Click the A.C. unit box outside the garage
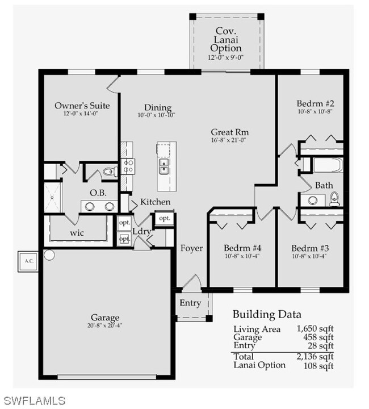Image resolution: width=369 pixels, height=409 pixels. click(x=28, y=261)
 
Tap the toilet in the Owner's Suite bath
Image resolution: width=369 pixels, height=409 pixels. click(x=109, y=172)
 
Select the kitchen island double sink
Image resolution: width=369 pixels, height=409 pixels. click(x=163, y=166)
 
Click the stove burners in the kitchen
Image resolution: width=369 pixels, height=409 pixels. click(x=128, y=166)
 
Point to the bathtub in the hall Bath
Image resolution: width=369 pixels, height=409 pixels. click(x=328, y=165)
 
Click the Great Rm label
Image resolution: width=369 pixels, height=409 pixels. click(x=229, y=132)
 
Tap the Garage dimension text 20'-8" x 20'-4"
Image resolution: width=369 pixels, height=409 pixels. click(x=105, y=325)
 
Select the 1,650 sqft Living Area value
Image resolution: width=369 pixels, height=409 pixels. click(x=315, y=328)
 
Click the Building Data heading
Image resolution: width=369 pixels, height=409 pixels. click(x=267, y=314)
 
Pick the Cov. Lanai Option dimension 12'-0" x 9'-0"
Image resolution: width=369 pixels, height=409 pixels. click(x=226, y=57)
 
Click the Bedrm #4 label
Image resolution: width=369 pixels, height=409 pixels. click(x=242, y=248)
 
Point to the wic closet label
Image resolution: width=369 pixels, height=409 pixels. click(x=77, y=233)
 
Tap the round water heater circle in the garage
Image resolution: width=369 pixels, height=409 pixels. click(x=49, y=255)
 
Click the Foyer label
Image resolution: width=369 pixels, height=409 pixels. click(x=191, y=248)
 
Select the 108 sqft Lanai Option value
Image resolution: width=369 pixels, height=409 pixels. click(x=318, y=366)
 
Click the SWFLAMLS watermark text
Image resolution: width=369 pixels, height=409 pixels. click(x=35, y=400)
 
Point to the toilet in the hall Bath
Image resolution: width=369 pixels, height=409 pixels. click(x=334, y=199)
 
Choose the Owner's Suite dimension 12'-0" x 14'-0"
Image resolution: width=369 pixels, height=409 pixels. click(x=81, y=114)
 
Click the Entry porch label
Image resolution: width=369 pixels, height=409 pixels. click(x=190, y=303)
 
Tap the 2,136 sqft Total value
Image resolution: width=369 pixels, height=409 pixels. click(x=315, y=356)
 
